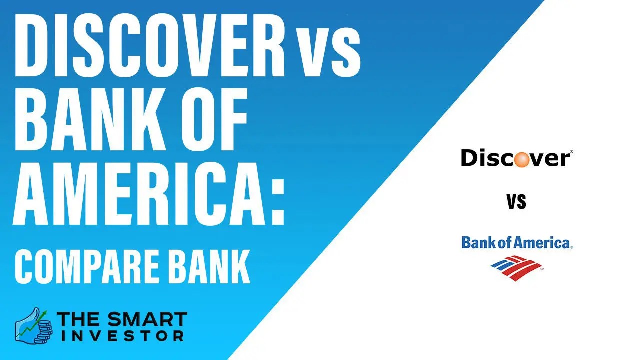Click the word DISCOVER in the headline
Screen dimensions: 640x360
pyautogui.click(x=150, y=45)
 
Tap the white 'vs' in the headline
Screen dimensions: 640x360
pyautogui.click(x=328, y=53)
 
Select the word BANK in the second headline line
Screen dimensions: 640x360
pyautogui.click(x=90, y=119)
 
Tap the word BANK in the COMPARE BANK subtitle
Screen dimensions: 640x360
pyautogui.click(x=210, y=266)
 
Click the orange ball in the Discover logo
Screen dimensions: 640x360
pyautogui.click(x=522, y=159)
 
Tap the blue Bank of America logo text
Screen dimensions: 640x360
pyautogui.click(x=517, y=242)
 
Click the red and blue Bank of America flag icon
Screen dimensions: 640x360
pyautogui.click(x=516, y=268)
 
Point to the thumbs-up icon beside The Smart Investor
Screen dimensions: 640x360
pyautogui.click(x=33, y=325)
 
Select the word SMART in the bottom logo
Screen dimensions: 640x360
pyautogui.click(x=145, y=319)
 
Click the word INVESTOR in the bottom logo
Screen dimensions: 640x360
pyautogui.click(x=123, y=336)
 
